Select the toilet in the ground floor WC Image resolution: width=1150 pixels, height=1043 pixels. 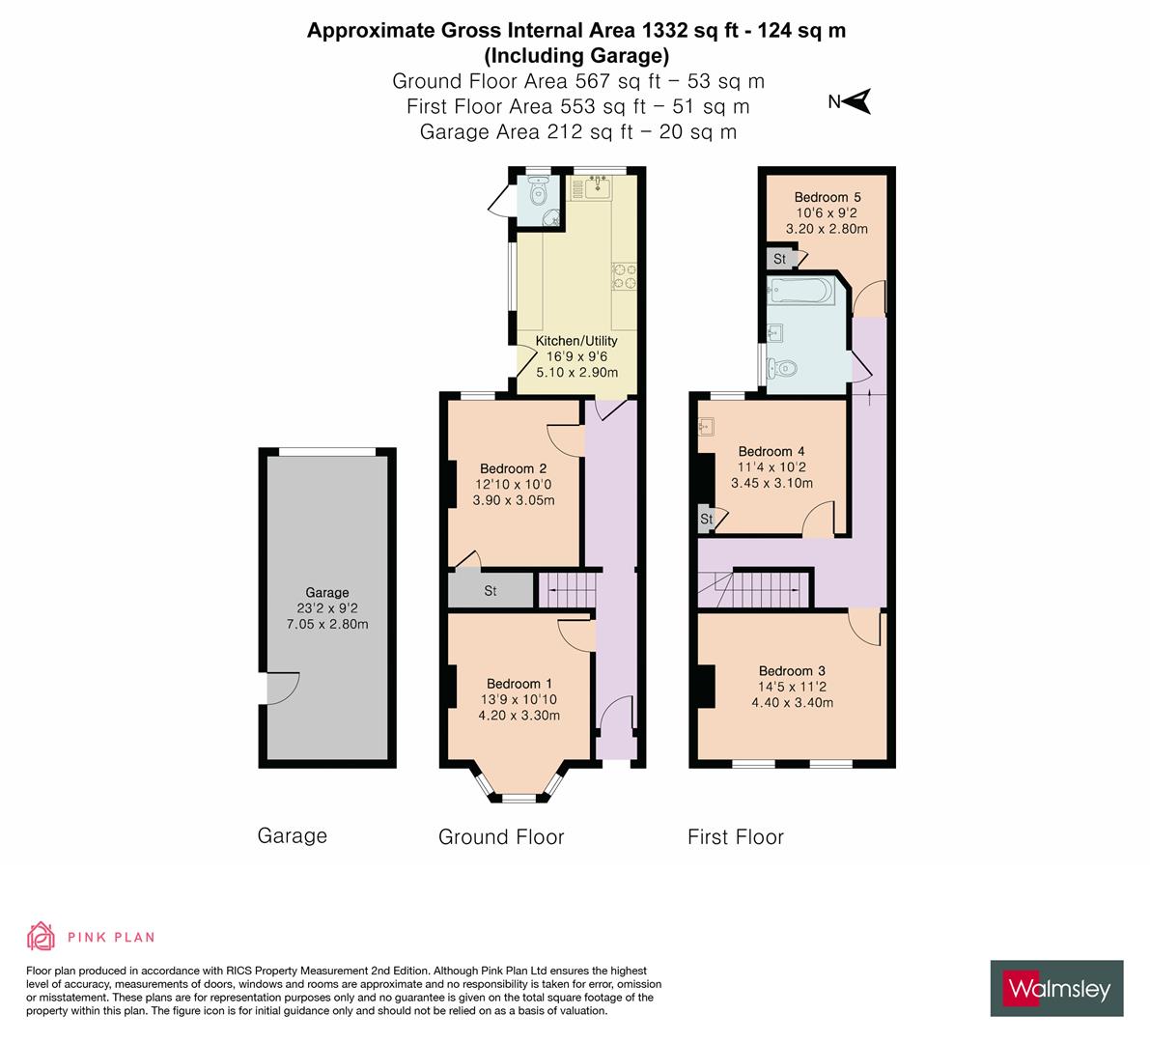pos(539,195)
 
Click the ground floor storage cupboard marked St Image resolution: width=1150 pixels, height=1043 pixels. pos(491,590)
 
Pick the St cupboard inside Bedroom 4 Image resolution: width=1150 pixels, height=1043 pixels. pos(706,520)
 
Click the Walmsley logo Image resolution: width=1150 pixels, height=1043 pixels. pos(1056,988)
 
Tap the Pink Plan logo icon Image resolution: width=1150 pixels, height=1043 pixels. pos(41,936)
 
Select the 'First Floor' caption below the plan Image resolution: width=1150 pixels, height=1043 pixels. pos(735,836)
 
